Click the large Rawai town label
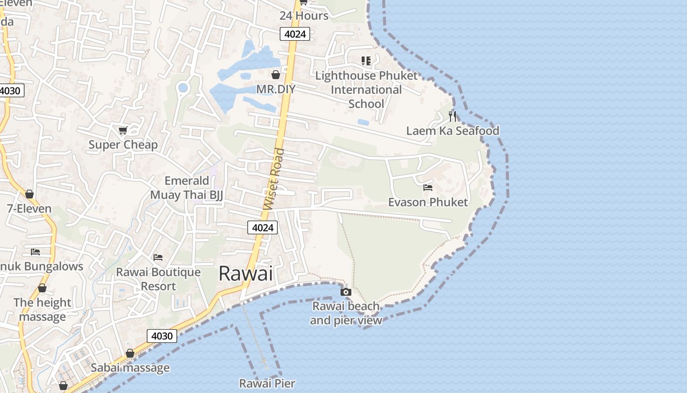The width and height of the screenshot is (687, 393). pos(245,273)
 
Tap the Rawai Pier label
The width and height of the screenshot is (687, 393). pos(267,383)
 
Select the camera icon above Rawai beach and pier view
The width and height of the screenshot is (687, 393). pos(346,292)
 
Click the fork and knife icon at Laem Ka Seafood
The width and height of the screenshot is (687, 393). pos(452,116)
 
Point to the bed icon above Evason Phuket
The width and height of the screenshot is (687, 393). pos(428,188)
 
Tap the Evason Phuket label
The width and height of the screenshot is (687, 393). pos(428,202)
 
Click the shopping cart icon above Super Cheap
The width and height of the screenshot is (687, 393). pos(123,130)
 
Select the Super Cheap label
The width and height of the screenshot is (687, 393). pos(123,144)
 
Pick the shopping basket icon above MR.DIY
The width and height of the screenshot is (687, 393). pos(276,75)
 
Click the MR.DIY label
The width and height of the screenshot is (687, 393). pos(276,89)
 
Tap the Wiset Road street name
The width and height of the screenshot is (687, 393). pos(274,179)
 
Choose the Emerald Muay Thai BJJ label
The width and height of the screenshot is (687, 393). pos(186,188)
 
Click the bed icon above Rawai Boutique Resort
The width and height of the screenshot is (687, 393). pos(158,257)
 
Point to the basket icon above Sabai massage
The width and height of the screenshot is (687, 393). pos(130,353)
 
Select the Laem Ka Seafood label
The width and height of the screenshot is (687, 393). pos(452,131)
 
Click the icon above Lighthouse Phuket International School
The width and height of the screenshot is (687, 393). pos(366,61)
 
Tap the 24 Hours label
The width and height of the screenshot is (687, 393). pos(304,16)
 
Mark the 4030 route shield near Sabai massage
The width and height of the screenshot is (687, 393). pos(162,336)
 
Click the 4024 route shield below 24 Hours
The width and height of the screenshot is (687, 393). pos(295,34)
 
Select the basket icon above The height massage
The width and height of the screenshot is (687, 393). pos(42,288)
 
